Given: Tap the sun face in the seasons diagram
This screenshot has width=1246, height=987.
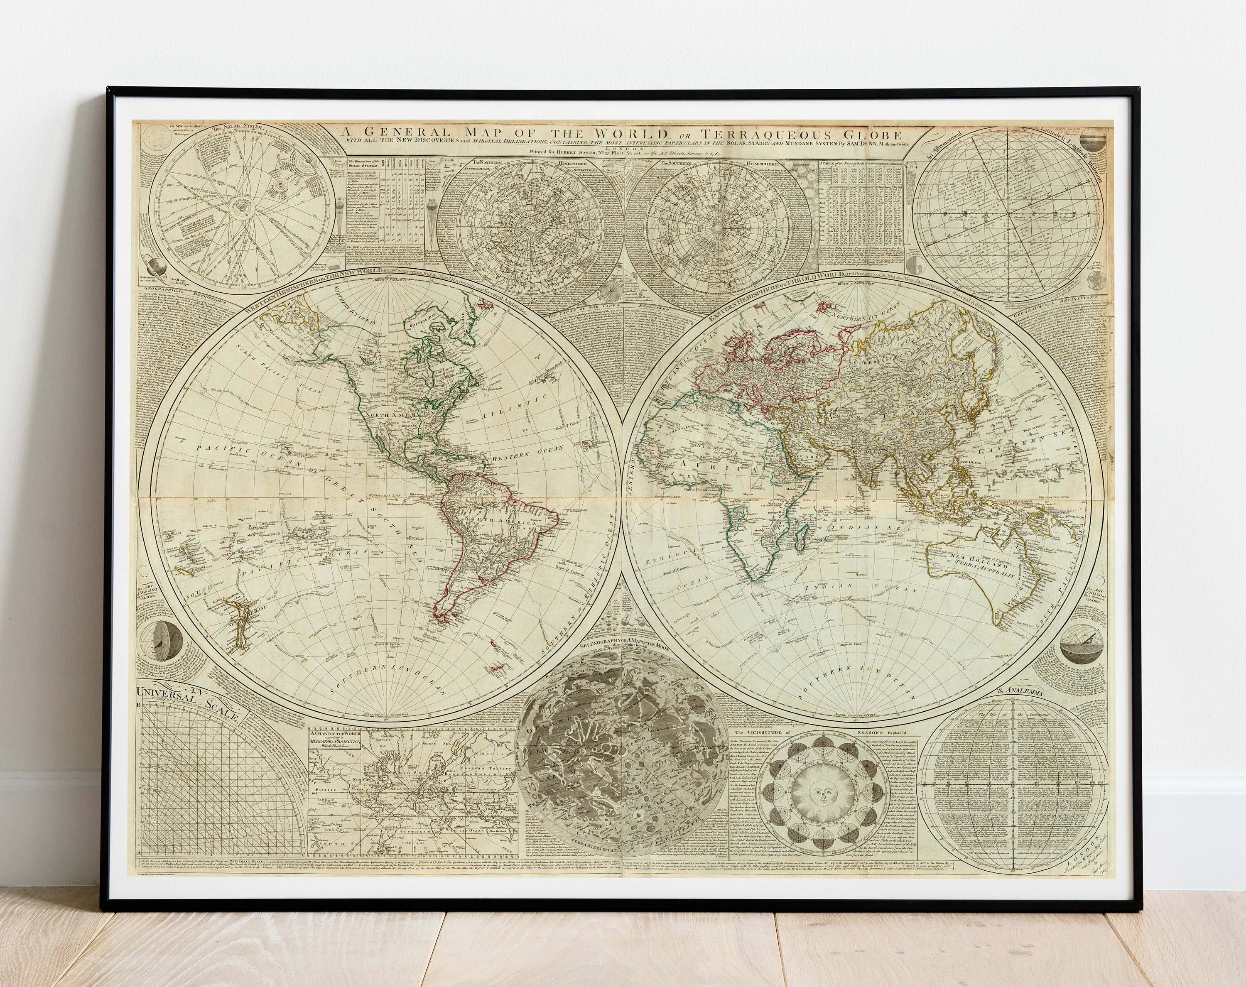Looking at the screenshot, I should coord(821,798).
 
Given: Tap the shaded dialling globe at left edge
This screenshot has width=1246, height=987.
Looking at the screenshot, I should coord(165,643).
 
